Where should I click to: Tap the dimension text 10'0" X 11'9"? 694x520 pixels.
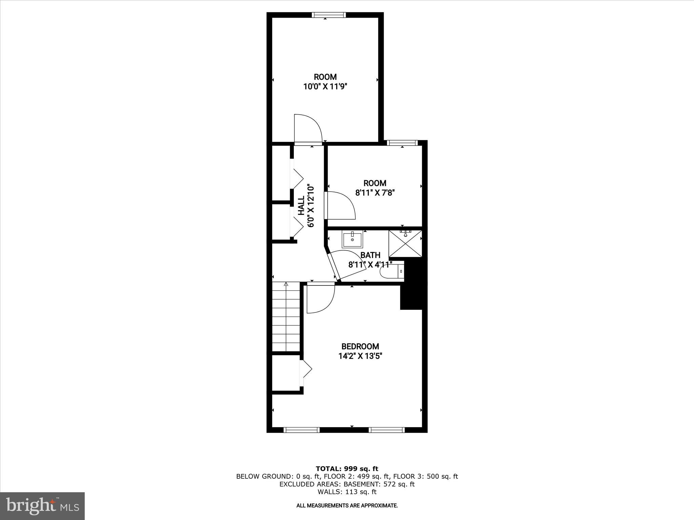click(325, 87)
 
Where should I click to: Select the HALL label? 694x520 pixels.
click(301, 206)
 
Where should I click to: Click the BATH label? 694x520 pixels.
click(370, 255)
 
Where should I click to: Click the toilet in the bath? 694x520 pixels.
click(391, 272)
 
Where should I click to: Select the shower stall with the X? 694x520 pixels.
click(405, 244)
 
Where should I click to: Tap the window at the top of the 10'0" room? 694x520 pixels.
click(329, 15)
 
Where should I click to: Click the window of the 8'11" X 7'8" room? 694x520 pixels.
click(402, 143)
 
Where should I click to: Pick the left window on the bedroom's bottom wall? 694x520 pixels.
click(301, 430)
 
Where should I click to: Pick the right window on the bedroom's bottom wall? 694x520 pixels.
click(387, 430)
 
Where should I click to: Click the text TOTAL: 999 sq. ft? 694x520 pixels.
click(347, 469)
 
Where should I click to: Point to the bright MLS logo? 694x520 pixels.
click(42, 506)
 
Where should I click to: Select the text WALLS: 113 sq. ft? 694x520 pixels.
click(347, 492)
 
